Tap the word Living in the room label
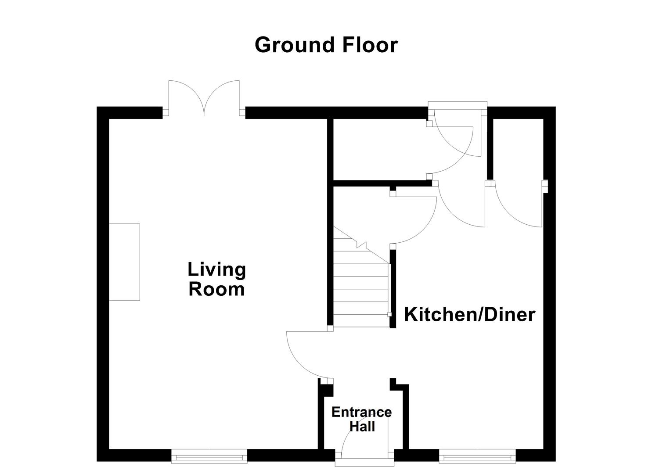[x=216, y=269]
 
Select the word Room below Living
[x=216, y=290]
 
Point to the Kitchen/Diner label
[x=469, y=315]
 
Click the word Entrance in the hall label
[x=361, y=412]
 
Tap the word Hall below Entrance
[x=362, y=426]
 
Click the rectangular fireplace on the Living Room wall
[x=124, y=262]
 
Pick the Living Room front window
[x=209, y=456]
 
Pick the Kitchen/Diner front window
[x=477, y=456]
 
